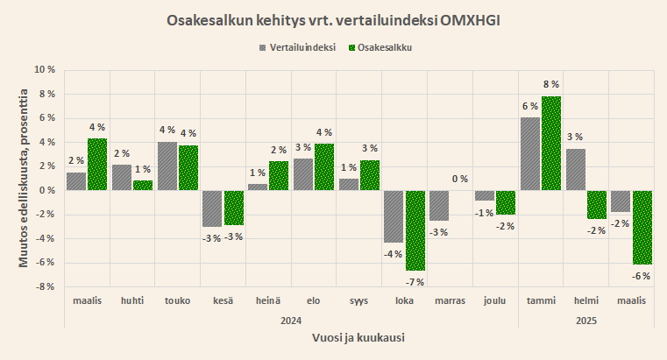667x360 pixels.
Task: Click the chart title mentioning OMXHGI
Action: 333,19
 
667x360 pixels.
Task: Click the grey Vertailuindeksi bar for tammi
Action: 530,154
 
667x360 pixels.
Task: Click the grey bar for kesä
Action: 211,208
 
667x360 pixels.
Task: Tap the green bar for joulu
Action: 506,202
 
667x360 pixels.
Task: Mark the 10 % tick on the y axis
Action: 44,69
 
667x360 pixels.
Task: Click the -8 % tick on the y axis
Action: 44,286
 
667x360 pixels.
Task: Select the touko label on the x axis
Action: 177,301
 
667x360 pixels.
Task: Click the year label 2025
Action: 586,321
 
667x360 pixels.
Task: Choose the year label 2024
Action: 291,321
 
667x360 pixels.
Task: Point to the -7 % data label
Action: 415,282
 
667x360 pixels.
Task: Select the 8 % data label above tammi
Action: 551,84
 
